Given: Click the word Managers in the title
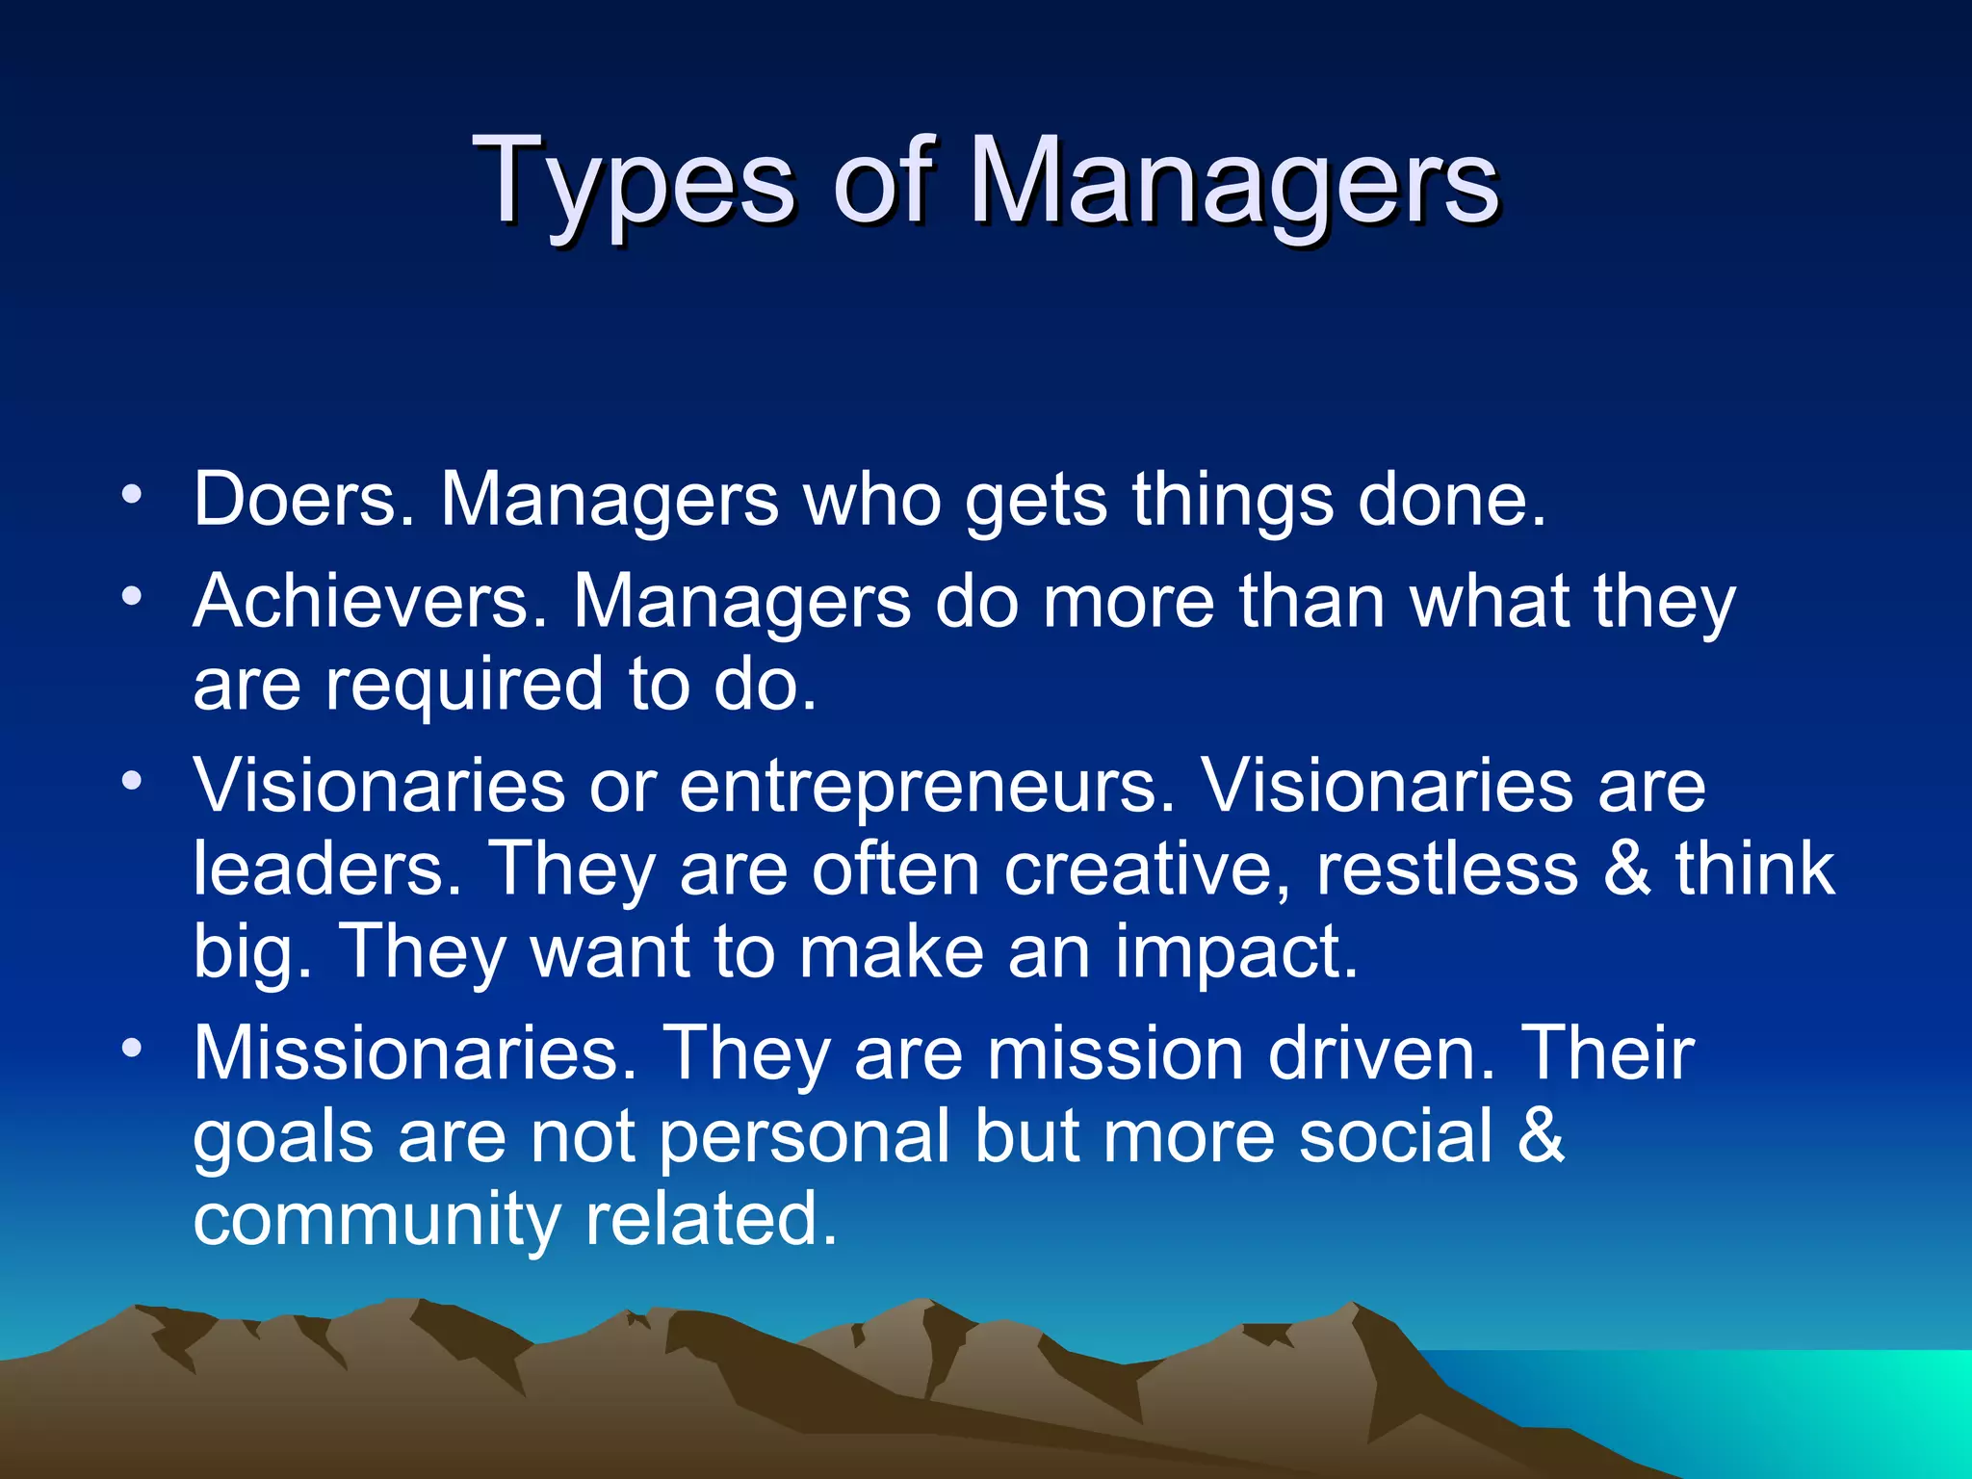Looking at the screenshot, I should [x=1233, y=183].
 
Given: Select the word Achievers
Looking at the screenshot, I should [x=370, y=602].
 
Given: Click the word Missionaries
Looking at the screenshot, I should [x=415, y=1053].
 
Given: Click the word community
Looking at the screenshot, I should [x=376, y=1219].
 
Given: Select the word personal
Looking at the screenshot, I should [x=805, y=1136].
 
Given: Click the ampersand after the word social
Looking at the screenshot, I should [x=1541, y=1136].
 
